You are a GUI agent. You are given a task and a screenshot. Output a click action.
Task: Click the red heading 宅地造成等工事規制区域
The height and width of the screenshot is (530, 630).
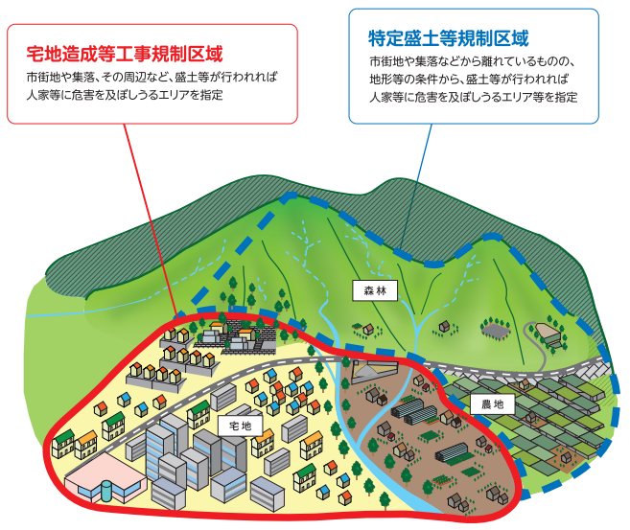click(x=125, y=54)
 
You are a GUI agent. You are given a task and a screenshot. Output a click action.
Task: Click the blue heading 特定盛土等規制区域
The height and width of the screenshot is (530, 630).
click(x=449, y=38)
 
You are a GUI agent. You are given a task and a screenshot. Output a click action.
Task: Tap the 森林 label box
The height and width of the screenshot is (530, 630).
click(x=375, y=290)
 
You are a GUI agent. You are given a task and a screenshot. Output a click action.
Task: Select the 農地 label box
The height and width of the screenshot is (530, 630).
click(x=493, y=403)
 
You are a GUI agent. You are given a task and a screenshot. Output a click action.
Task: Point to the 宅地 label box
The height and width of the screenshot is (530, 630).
click(x=241, y=426)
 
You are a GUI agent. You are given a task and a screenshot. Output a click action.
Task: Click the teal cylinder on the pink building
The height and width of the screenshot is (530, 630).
click(x=106, y=491)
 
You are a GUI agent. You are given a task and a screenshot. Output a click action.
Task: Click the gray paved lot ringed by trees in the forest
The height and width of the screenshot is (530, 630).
click(x=496, y=331)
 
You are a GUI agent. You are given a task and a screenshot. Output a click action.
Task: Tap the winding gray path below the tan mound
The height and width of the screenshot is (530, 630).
click(x=537, y=349)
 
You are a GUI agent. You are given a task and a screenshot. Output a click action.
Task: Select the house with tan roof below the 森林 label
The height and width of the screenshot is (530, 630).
click(x=368, y=330)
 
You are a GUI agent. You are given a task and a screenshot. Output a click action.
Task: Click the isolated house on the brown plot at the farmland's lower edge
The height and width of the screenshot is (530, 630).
click(x=566, y=456)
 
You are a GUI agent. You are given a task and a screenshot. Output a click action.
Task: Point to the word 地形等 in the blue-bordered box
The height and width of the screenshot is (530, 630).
click(x=386, y=80)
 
